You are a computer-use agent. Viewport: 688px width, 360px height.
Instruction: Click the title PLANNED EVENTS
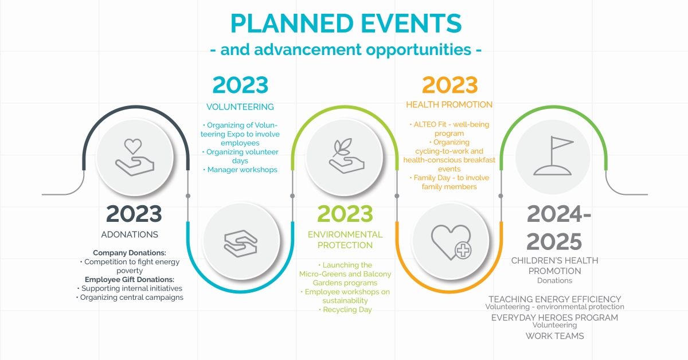point(346,24)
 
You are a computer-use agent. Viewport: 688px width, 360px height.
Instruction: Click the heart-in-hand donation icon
point(135,157)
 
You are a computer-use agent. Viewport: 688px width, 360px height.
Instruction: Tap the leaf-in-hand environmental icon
point(346,156)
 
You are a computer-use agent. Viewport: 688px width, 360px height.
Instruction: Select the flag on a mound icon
point(553,156)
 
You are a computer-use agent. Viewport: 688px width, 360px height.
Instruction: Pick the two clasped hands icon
point(240,243)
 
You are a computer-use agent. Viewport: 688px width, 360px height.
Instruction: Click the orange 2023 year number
point(450,85)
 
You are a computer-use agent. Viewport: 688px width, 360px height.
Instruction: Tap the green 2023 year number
point(345,214)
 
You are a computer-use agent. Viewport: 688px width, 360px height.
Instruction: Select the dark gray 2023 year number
point(134,214)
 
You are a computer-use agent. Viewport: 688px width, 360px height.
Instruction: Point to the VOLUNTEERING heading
point(240,107)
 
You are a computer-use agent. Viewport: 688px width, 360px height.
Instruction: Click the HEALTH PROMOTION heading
point(449,105)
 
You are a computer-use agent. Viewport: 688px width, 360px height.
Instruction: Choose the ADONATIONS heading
point(130,234)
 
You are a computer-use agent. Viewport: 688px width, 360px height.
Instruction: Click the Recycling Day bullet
point(345,310)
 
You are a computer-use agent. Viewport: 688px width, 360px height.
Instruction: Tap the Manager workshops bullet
point(240,170)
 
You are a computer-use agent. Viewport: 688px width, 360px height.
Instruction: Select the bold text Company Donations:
point(130,253)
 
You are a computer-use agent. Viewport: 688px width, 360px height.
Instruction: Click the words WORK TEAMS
point(555,336)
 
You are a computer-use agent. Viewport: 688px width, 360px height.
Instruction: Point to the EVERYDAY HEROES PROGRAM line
point(555,318)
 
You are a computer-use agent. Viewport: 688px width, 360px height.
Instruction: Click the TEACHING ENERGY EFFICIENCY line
point(555,299)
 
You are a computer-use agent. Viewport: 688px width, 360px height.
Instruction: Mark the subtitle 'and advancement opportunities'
point(346,50)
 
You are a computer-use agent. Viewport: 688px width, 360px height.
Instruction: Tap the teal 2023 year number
point(240,85)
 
